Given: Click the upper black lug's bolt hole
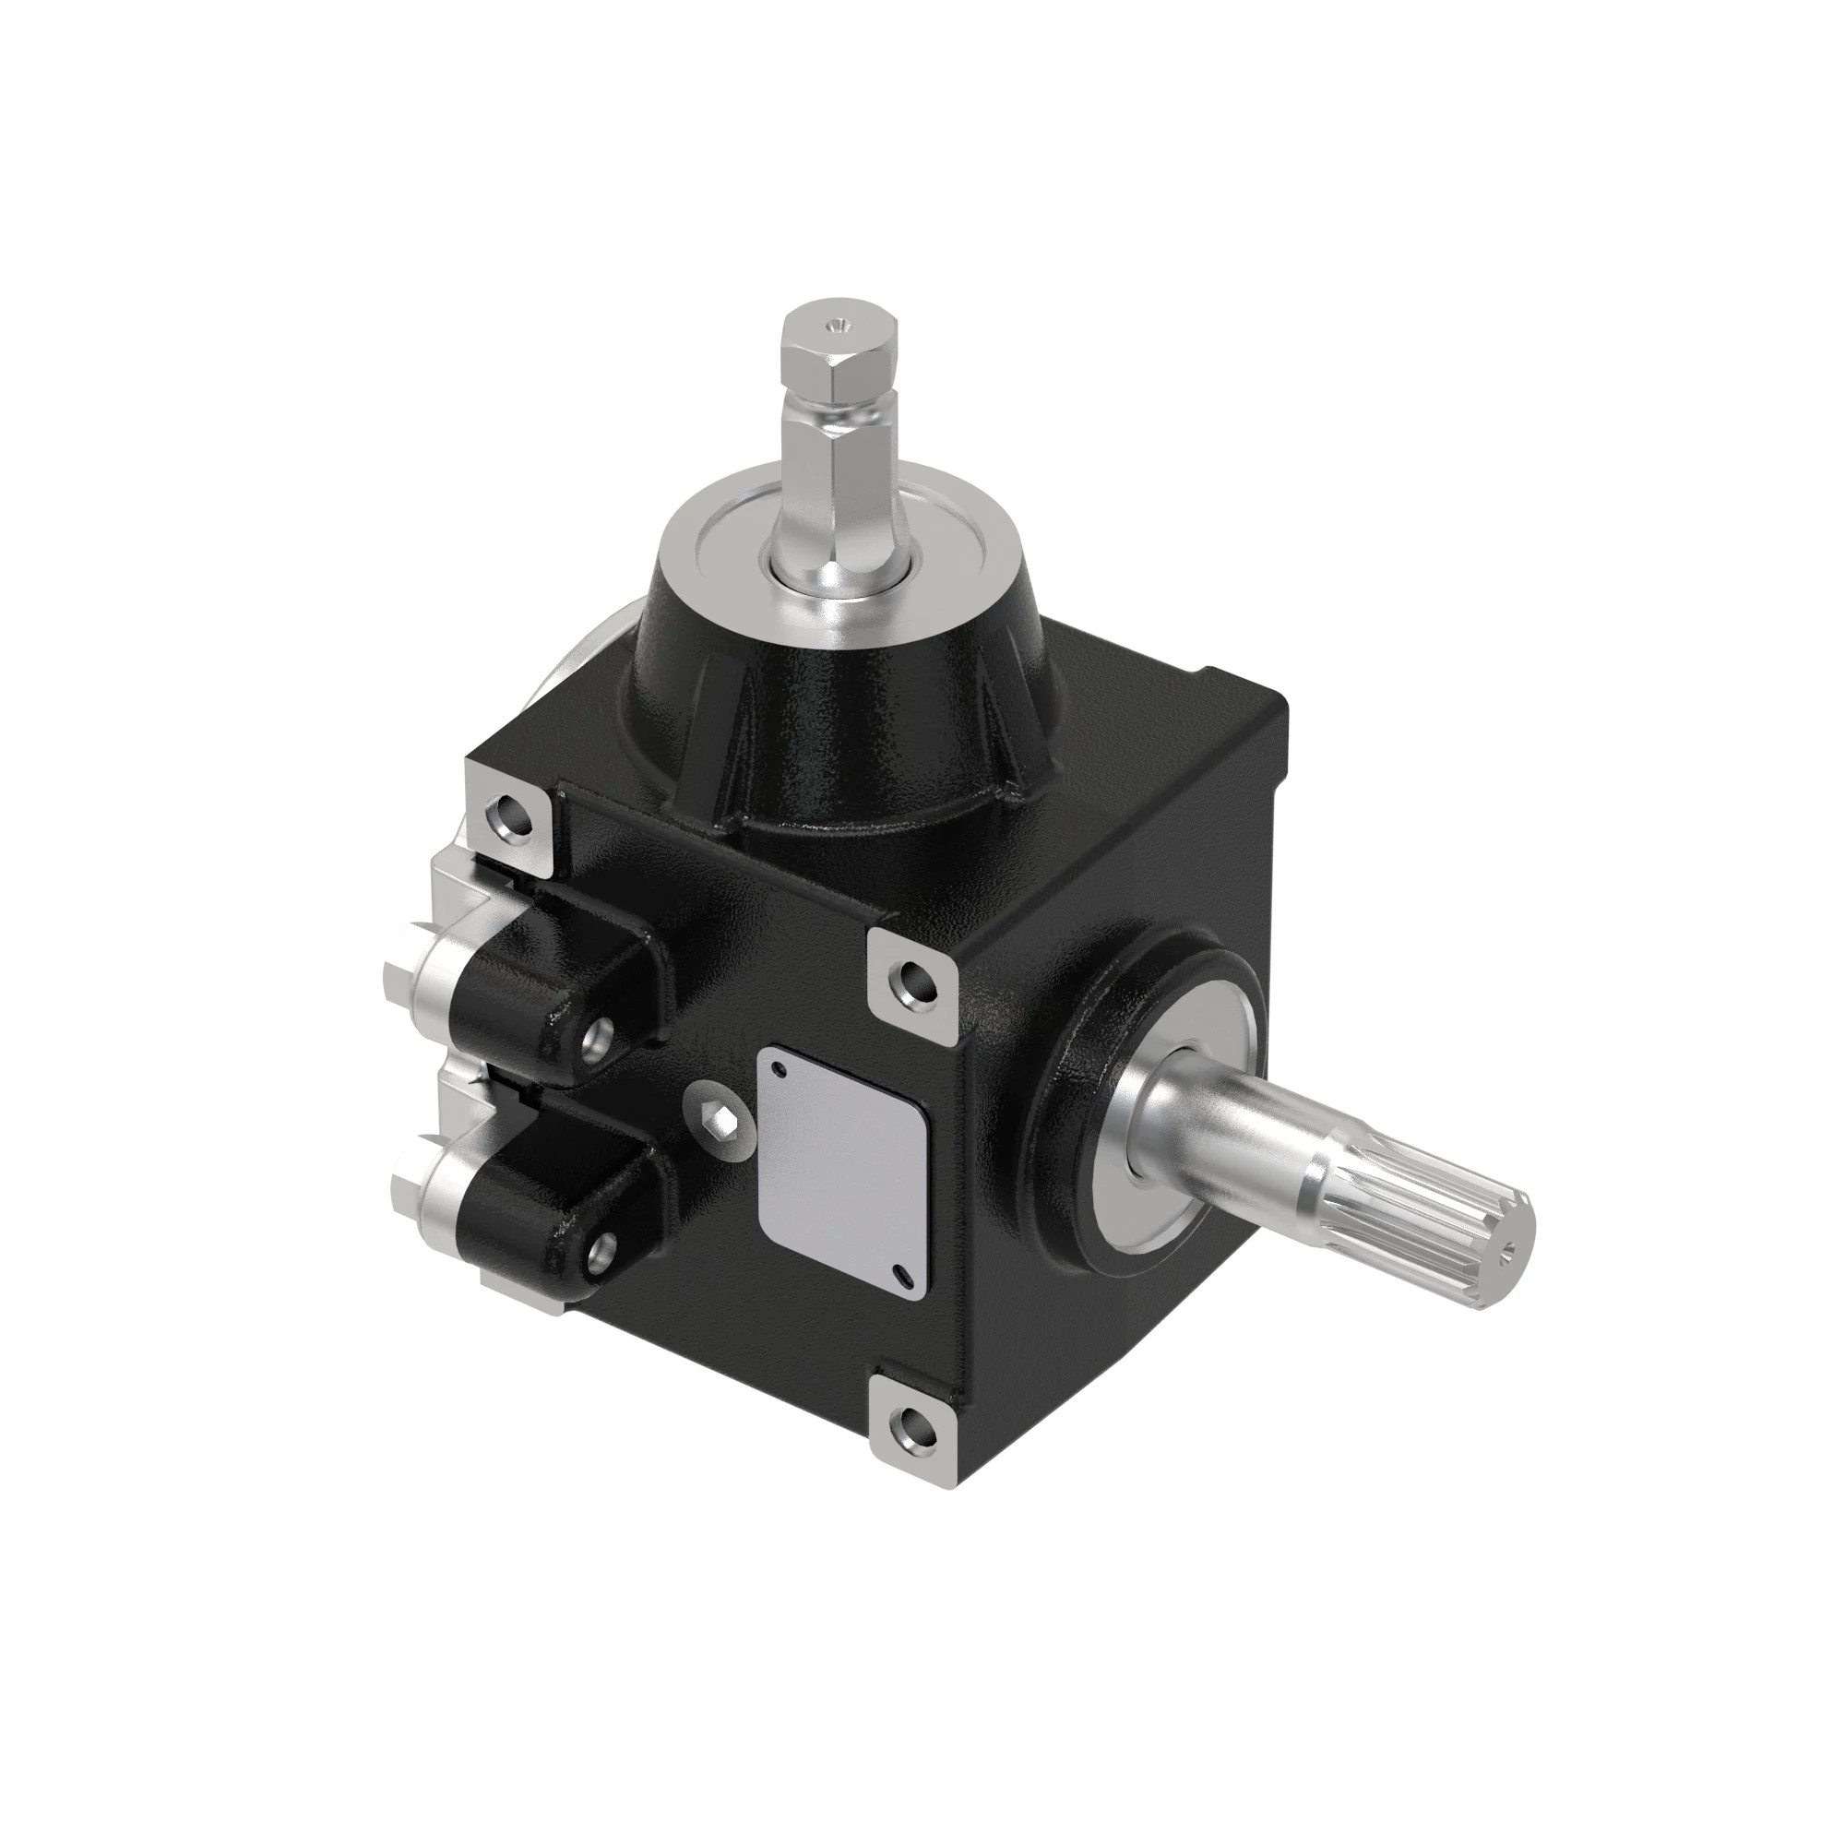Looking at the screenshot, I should (601, 1033).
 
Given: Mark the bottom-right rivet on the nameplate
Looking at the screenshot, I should (901, 1269).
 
